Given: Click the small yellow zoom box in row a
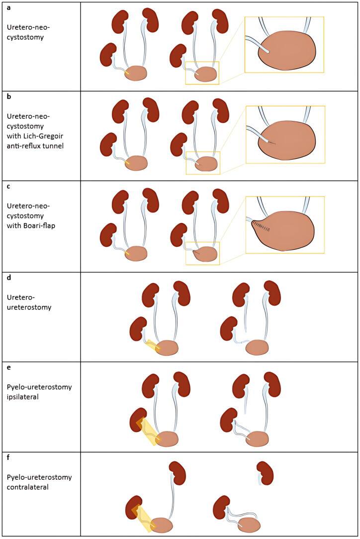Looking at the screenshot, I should point(202,73).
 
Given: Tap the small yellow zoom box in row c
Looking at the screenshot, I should point(202,253).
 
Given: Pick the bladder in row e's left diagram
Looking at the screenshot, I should point(167,438).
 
